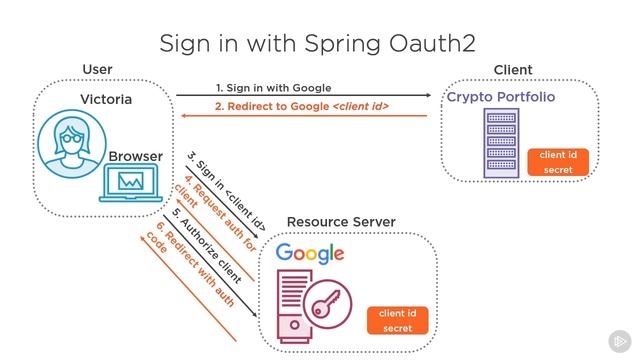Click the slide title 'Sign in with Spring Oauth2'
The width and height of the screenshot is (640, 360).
(317, 43)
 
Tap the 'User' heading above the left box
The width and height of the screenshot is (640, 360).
(97, 69)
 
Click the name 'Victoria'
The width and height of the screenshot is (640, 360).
(106, 100)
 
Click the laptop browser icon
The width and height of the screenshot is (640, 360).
(132, 183)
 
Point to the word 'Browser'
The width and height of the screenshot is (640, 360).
(135, 157)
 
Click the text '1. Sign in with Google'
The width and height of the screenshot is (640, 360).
(273, 88)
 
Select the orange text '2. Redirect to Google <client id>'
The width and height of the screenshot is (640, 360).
(301, 106)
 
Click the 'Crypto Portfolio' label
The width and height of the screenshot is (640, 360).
(500, 98)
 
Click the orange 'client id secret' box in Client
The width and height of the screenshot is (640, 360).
(557, 163)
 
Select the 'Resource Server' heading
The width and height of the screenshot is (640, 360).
(341, 222)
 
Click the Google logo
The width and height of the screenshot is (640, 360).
(310, 253)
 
